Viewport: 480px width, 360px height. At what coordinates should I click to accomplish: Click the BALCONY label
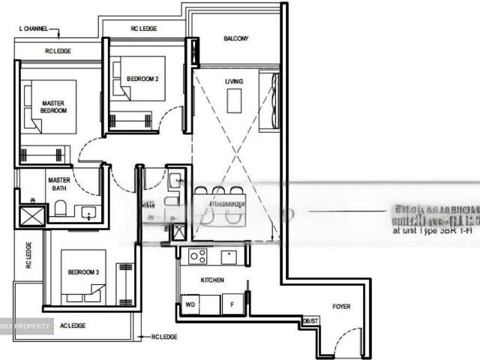[235, 39]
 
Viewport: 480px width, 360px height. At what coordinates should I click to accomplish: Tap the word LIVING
[234, 81]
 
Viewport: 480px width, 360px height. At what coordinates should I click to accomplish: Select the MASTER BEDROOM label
[53, 107]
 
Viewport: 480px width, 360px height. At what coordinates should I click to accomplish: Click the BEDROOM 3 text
[83, 271]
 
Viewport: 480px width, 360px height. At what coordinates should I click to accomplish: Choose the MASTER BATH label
[58, 184]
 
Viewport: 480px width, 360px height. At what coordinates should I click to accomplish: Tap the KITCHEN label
[212, 280]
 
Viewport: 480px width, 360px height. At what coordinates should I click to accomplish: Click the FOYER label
[341, 306]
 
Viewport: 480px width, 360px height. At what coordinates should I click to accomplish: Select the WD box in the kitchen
[190, 305]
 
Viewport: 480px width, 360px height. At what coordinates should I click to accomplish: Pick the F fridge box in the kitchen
[232, 305]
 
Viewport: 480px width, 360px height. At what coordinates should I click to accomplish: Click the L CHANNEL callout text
[33, 29]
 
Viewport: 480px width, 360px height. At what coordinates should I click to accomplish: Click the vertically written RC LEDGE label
[28, 255]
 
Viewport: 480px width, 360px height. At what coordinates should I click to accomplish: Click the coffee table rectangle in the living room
[235, 100]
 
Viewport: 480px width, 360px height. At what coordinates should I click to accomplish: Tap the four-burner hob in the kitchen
[198, 256]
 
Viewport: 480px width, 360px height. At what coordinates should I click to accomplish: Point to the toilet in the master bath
[61, 208]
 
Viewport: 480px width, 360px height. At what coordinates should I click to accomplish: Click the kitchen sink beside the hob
[229, 256]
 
